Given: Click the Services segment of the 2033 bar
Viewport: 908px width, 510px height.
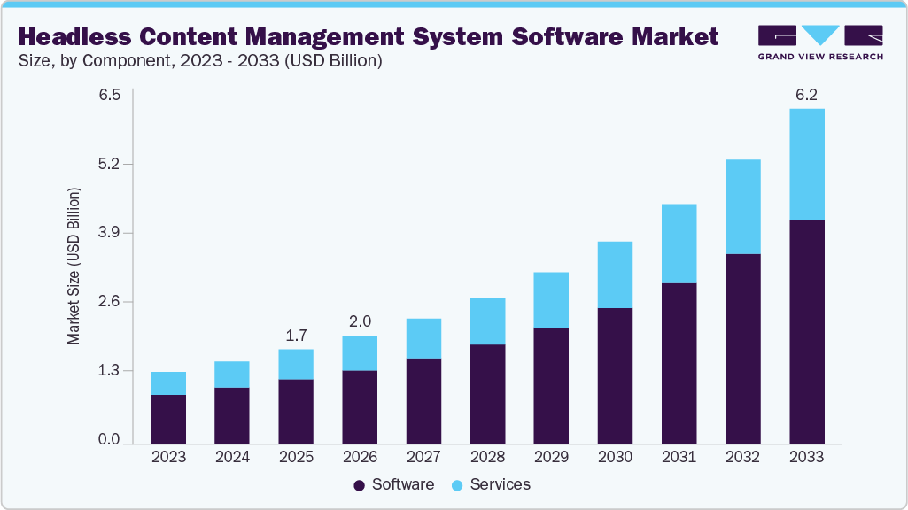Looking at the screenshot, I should pos(806,164).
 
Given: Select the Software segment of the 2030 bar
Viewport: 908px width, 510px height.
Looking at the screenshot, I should pos(615,375).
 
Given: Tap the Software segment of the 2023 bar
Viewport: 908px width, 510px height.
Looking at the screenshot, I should pos(168,419).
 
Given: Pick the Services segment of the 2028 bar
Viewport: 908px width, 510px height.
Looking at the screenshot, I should pos(487,321).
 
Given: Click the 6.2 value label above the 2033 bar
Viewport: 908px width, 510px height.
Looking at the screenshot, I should pos(806,95).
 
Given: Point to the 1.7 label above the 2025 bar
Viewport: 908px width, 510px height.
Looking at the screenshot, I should pos(296,336).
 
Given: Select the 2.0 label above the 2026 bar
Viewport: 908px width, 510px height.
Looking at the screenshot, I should pos(360,321).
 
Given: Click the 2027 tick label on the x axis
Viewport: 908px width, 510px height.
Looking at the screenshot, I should pos(423,457).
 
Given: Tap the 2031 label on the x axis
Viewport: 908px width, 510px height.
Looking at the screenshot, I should pos(679,457).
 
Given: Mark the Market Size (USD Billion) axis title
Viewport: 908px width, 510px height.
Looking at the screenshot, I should pos(74,266).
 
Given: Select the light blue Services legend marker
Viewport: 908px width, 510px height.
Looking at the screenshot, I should pos(457,485).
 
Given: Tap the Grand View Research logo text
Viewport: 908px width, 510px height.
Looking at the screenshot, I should pos(820,56).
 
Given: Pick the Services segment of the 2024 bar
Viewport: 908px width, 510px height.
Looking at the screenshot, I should pos(232,375).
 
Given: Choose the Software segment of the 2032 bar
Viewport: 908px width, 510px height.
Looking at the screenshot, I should pos(742,348).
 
